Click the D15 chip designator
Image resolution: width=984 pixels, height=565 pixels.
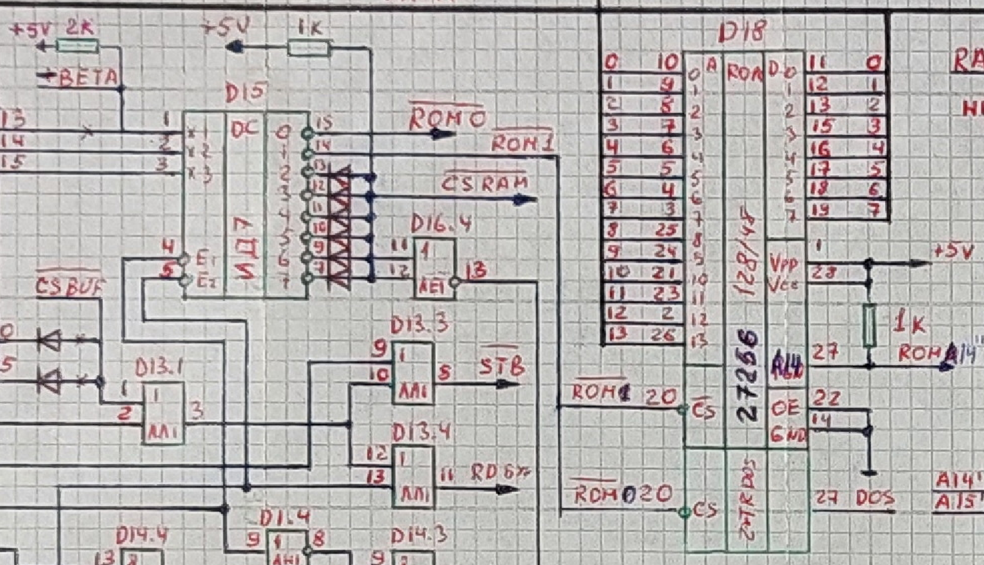click(247, 94)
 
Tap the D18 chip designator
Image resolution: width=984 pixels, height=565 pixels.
click(742, 31)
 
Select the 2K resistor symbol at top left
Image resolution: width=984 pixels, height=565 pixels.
click(78, 46)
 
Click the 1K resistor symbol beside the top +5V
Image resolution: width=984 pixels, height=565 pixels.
click(309, 47)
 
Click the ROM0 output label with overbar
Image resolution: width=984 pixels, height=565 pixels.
click(447, 119)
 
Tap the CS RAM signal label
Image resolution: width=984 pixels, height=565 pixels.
click(485, 183)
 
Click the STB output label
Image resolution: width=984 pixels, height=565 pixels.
click(501, 367)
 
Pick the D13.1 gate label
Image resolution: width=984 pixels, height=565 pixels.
click(161, 367)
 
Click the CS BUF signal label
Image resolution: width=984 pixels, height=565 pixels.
click(70, 288)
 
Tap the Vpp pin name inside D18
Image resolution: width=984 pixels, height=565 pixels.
click(783, 263)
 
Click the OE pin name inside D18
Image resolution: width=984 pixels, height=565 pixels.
click(785, 407)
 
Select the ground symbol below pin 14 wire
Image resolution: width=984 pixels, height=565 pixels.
click(868, 473)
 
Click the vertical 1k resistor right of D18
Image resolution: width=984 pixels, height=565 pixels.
click(869, 326)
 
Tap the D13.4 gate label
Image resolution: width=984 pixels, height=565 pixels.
click(421, 433)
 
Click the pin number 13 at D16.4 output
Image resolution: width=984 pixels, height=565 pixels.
click(477, 271)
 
